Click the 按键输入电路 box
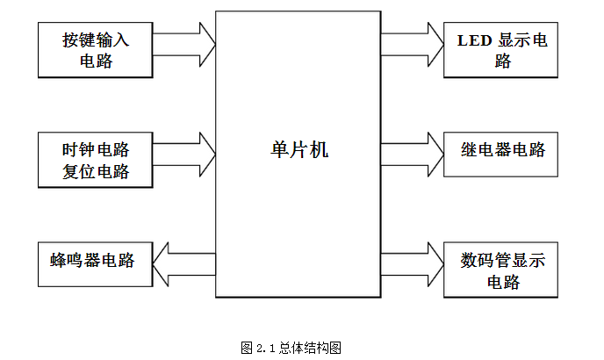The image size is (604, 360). tap(96, 50)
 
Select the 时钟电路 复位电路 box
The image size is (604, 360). tap(96, 160)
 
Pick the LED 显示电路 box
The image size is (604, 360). tap(501, 50)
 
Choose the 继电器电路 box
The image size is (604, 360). tap(501, 150)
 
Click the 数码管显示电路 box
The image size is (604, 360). tap(501, 270)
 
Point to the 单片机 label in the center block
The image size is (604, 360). tap(298, 149)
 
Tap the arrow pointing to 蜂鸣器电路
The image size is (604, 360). tap(183, 261)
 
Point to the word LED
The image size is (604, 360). tap(474, 40)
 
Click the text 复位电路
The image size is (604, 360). tap(96, 171)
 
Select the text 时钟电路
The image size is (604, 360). tap(96, 149)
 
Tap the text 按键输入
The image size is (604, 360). tap(96, 40)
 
